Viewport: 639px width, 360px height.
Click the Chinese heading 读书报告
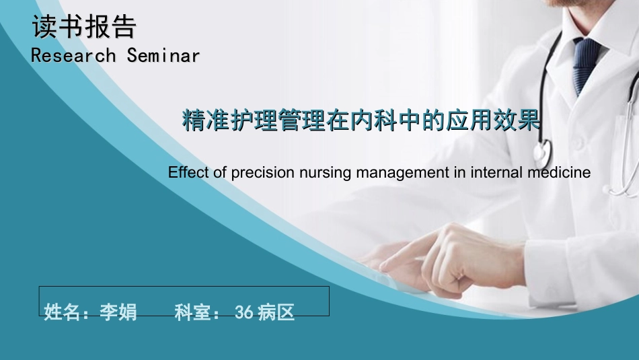84,27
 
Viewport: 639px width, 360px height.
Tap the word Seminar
163,55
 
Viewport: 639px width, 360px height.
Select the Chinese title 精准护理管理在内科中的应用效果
362,121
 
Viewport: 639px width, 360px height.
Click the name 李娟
118,312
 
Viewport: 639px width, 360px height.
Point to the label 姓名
63,312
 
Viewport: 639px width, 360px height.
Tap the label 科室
193,312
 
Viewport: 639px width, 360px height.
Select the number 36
243,312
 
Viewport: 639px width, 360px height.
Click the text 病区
276,312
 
